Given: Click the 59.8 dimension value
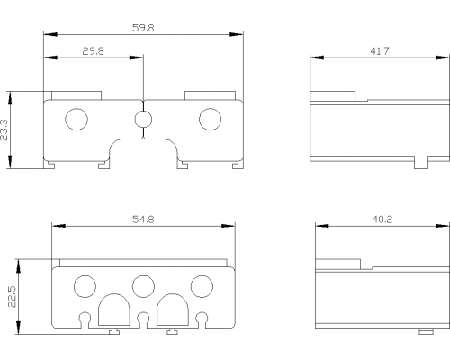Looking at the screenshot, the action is [143, 28].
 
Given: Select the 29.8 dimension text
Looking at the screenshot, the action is [93, 51].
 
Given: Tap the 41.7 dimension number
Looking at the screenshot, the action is [380, 51].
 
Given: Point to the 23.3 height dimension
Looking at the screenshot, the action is [4, 130].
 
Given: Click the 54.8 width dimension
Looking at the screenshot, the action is [143, 220].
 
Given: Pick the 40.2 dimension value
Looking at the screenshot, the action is [382, 220].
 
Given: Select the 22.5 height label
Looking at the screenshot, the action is [12, 296].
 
